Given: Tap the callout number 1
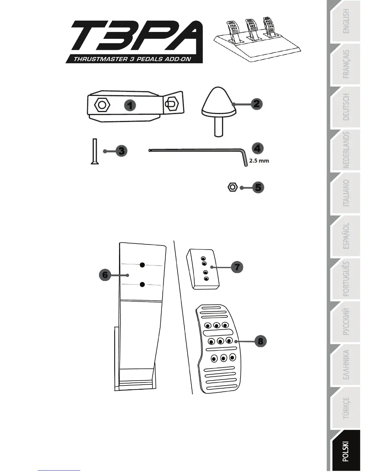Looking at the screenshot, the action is click(130, 105).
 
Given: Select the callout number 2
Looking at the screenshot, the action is click(257, 104).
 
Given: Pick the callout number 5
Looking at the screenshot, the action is click(258, 188).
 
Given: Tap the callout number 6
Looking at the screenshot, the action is click(105, 274).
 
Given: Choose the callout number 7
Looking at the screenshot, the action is click(237, 267).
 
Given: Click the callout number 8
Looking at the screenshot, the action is click(260, 341).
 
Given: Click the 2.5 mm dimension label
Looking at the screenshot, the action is click(259, 161).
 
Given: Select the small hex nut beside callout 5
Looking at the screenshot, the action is click(232, 188).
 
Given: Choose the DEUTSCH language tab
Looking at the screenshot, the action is click(346, 107).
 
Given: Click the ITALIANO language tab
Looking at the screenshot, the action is click(346, 193).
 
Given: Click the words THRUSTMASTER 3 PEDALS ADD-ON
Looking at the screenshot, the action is click(132, 59).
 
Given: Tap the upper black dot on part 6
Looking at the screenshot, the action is click(143, 265).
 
